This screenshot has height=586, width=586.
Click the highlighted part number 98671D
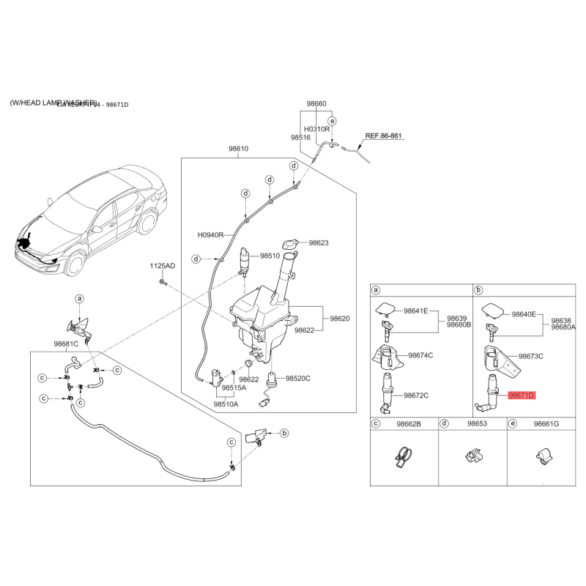click(x=522, y=395)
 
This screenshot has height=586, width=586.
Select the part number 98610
click(x=239, y=149)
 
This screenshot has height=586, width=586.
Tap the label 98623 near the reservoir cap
click(x=319, y=242)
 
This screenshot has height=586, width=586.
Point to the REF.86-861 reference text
click(x=385, y=136)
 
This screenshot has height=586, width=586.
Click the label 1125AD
click(x=163, y=265)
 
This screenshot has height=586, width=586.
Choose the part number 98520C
click(x=298, y=379)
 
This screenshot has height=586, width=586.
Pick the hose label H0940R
click(x=210, y=236)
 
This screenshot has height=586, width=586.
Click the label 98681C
click(x=65, y=344)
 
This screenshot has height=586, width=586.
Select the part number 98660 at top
click(x=316, y=104)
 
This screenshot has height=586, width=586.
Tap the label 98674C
click(x=420, y=355)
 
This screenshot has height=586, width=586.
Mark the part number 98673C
click(x=532, y=356)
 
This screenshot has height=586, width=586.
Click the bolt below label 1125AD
click(x=163, y=281)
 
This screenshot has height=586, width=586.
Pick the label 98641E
click(x=415, y=311)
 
